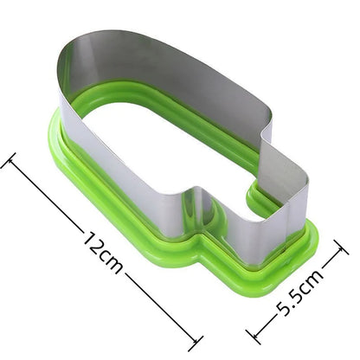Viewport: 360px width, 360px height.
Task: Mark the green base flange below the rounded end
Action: coord(65,160)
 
